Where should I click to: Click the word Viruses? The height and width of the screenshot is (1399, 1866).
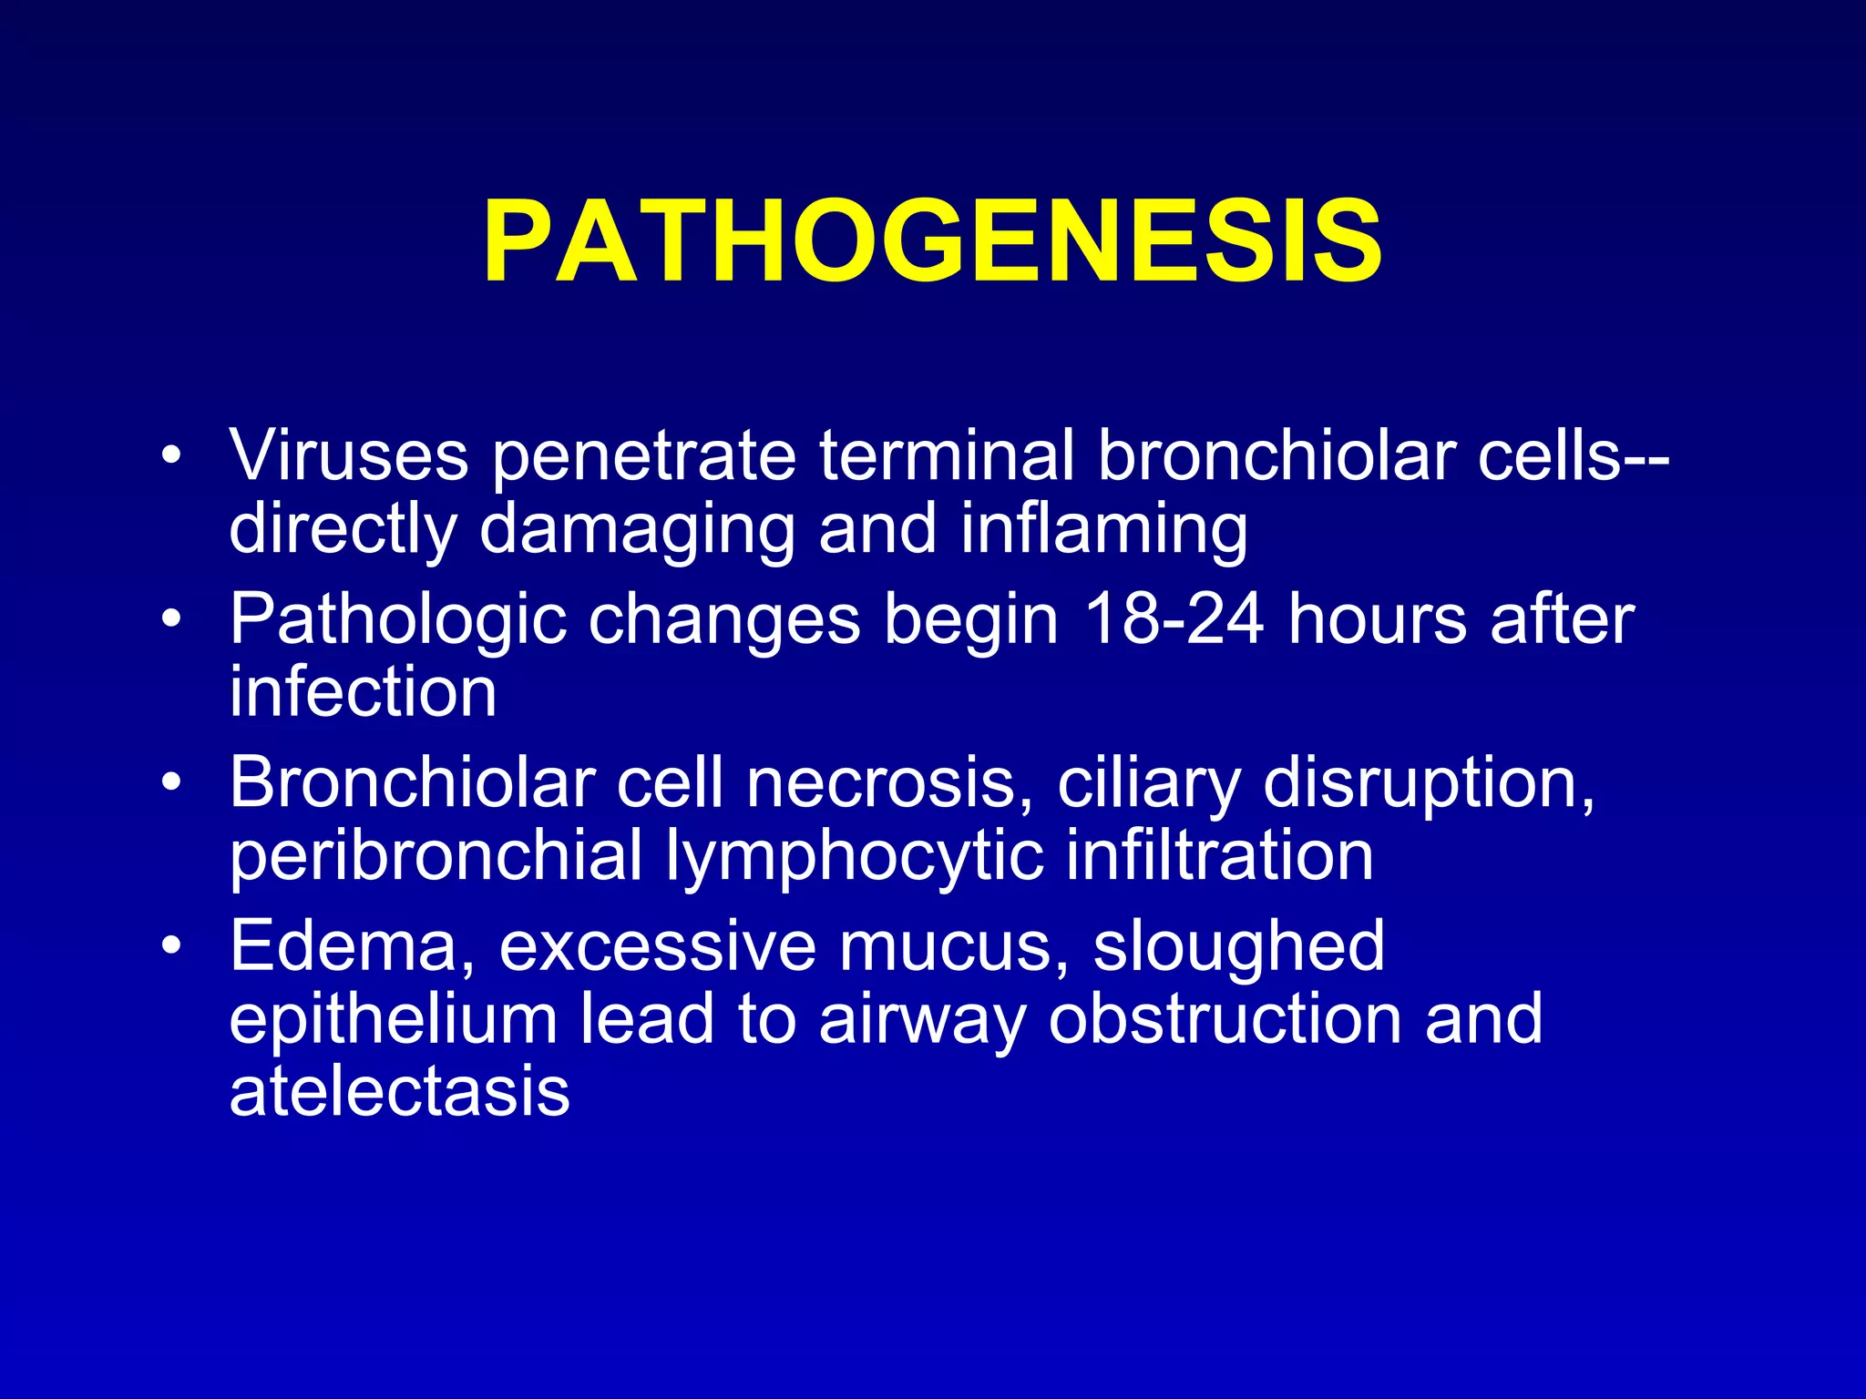349,455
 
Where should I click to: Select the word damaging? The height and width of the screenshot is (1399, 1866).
637,531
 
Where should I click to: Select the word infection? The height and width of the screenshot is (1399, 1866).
363,692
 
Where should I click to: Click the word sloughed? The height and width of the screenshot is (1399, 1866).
1238,947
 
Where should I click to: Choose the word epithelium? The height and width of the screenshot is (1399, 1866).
393,1020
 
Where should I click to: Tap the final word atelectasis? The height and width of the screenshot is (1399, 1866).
399,1093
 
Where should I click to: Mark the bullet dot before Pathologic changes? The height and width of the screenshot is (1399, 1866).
170,620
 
